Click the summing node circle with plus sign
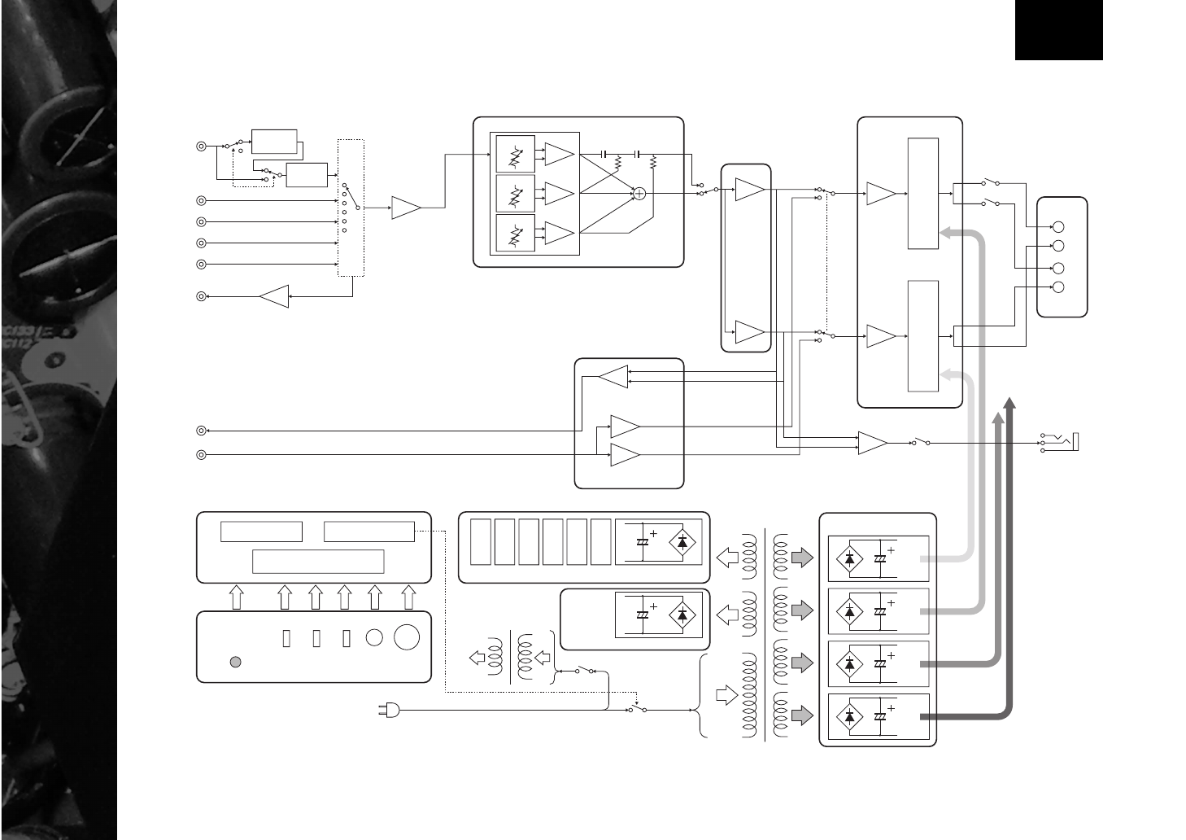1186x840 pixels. click(x=639, y=193)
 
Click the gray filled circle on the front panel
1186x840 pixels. click(x=235, y=662)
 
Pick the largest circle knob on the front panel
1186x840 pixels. click(x=407, y=637)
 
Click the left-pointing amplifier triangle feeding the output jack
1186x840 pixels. click(x=274, y=297)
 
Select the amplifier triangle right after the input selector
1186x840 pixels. click(x=406, y=208)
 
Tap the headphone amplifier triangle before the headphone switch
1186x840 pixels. click(x=873, y=444)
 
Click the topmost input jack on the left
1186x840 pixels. click(x=201, y=147)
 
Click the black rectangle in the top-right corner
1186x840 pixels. click(x=1058, y=30)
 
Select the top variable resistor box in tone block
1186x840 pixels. click(x=515, y=154)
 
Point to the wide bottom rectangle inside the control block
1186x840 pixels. click(x=318, y=562)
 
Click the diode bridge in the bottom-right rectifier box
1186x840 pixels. click(x=850, y=716)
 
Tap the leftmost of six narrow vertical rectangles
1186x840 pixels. click(x=481, y=541)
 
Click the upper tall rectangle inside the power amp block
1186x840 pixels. click(x=922, y=194)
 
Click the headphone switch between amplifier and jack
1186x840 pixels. click(x=921, y=443)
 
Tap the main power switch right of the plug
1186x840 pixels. click(x=637, y=710)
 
